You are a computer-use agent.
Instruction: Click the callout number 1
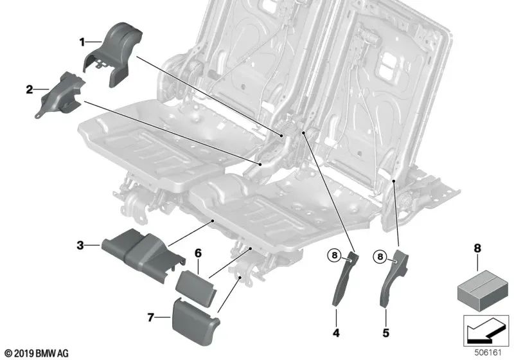[x=82, y=42]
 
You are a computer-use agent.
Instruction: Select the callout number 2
[x=29, y=90]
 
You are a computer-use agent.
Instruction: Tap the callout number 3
[x=80, y=244]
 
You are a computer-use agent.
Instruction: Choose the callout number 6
[x=199, y=253]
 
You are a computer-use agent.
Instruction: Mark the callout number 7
[x=150, y=318]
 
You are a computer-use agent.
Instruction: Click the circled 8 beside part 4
[x=334, y=256]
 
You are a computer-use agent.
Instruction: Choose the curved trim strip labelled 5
[x=391, y=276]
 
